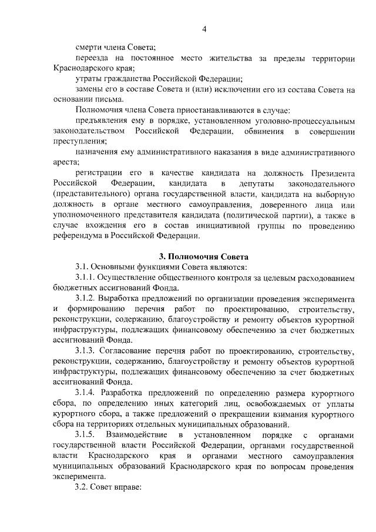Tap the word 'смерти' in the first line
tap(88, 47)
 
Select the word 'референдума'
tap(76, 236)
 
